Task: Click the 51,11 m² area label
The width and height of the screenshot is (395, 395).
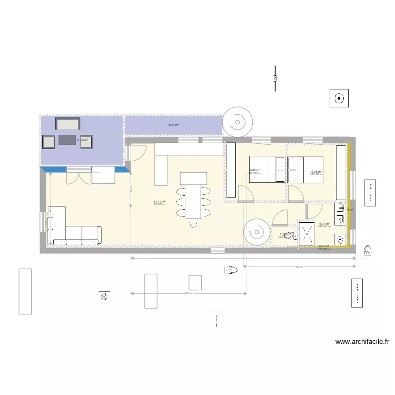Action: [159, 202]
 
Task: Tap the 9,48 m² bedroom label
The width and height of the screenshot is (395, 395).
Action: [255, 170]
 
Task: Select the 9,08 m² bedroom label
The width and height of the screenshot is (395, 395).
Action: [316, 172]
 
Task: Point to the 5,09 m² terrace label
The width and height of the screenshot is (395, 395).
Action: [173, 125]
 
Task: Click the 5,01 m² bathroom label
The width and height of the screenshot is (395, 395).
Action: [324, 224]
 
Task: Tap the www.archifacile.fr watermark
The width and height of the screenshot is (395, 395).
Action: [362, 342]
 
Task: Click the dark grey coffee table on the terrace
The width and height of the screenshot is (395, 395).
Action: [67, 140]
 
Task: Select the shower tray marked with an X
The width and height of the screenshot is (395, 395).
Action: [306, 233]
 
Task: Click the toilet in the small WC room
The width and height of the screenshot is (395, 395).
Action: [288, 236]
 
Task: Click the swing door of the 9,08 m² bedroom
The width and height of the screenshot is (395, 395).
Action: [294, 193]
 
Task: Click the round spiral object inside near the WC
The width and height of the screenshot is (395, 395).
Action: [256, 232]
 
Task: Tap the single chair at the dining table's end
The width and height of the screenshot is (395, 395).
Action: [193, 222]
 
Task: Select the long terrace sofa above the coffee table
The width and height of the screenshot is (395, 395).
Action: [68, 124]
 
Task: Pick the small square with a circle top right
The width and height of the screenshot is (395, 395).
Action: [339, 98]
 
